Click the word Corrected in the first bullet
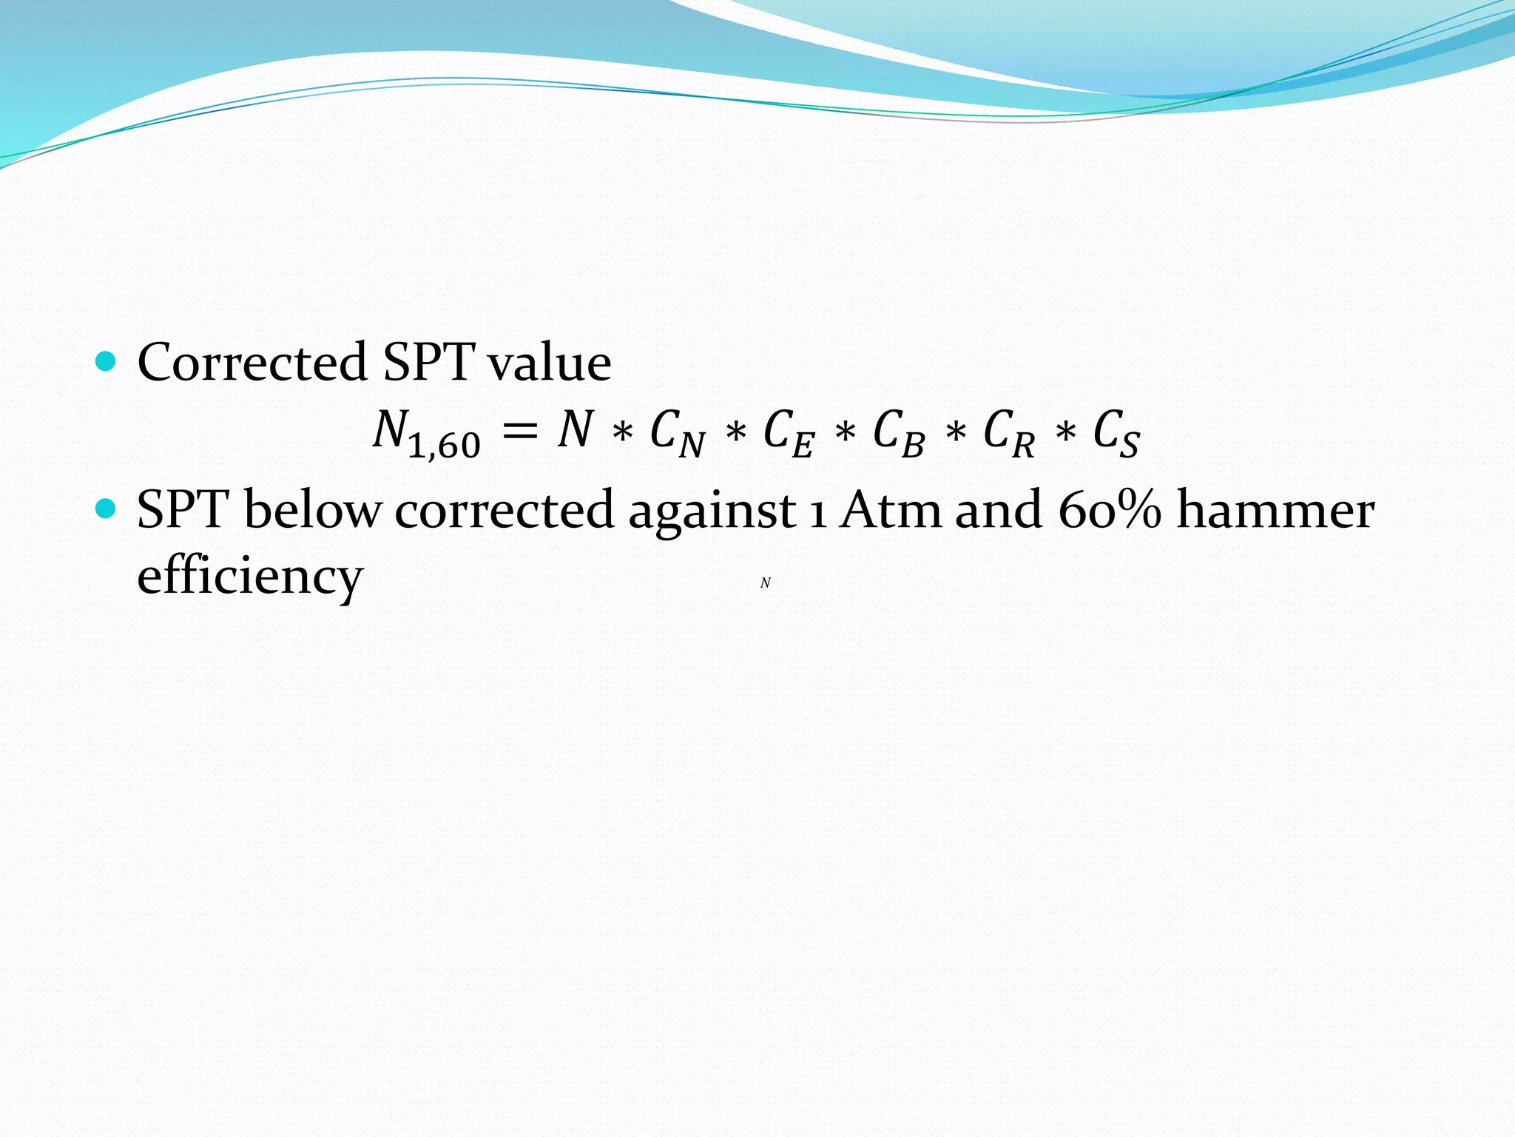coord(252,363)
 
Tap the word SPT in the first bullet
coord(428,363)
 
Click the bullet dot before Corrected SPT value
coord(107,361)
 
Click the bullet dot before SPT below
coord(107,509)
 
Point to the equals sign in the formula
coord(519,432)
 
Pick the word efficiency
coord(250,576)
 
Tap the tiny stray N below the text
coord(766,583)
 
